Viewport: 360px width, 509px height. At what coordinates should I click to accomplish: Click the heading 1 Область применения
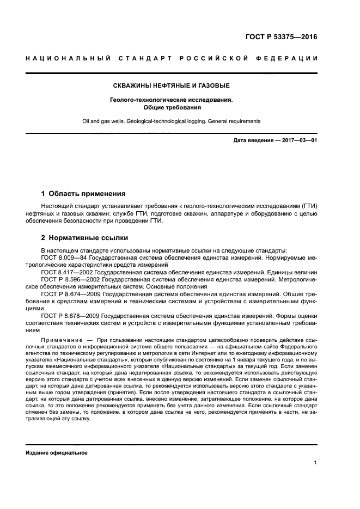(84, 193)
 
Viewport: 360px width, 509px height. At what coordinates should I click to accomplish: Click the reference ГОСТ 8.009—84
(59, 257)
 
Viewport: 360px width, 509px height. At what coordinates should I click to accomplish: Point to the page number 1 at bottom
(316, 463)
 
